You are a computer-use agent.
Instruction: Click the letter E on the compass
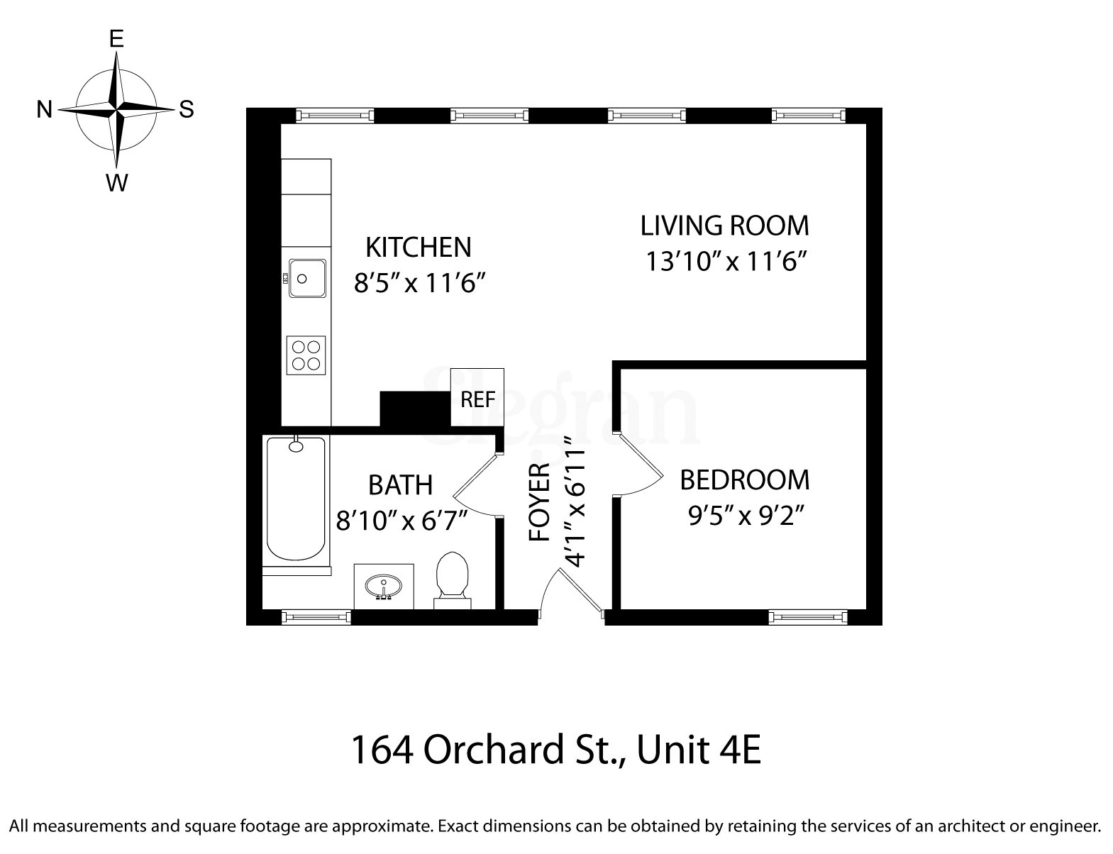click(x=116, y=39)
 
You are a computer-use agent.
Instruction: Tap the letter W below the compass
click(x=116, y=183)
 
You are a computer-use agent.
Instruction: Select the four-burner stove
click(x=306, y=355)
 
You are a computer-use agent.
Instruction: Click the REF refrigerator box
click(x=477, y=398)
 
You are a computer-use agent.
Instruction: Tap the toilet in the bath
click(x=453, y=577)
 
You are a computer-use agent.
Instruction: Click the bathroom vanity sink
click(x=384, y=587)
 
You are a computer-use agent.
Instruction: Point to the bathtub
click(x=296, y=499)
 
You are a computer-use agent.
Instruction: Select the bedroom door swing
click(x=638, y=465)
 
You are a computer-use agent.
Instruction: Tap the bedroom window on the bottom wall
click(x=809, y=617)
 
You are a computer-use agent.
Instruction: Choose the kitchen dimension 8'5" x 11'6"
click(x=419, y=284)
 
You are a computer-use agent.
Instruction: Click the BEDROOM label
click(x=744, y=480)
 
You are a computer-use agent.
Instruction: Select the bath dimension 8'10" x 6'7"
click(x=402, y=522)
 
